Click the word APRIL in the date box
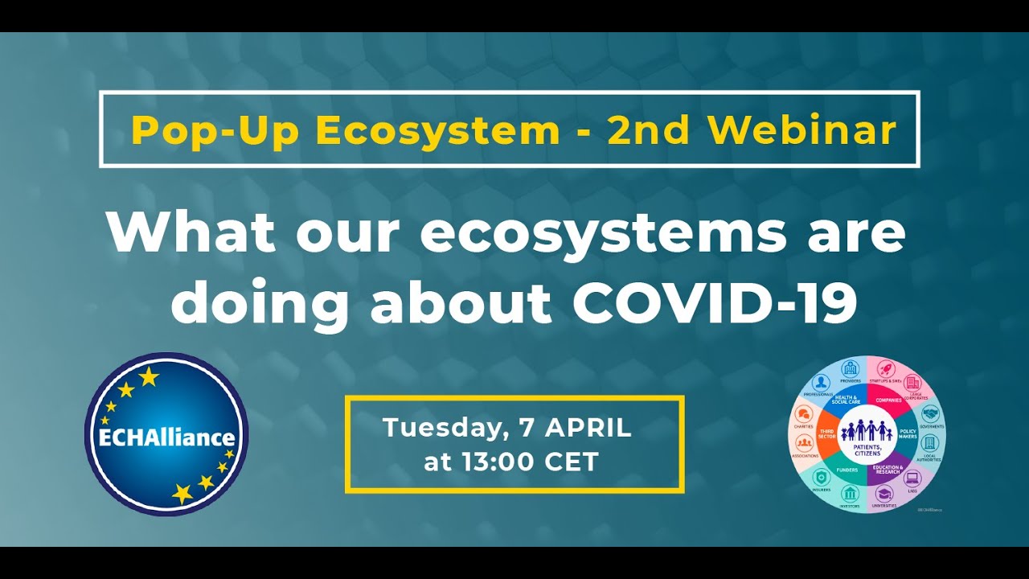click(588, 428)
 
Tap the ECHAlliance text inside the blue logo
click(166, 438)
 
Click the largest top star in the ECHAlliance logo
click(149, 376)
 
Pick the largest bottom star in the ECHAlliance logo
click(182, 493)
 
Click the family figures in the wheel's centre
click(867, 433)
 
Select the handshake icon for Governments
click(929, 413)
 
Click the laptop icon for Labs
click(912, 478)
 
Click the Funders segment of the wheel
click(847, 469)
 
